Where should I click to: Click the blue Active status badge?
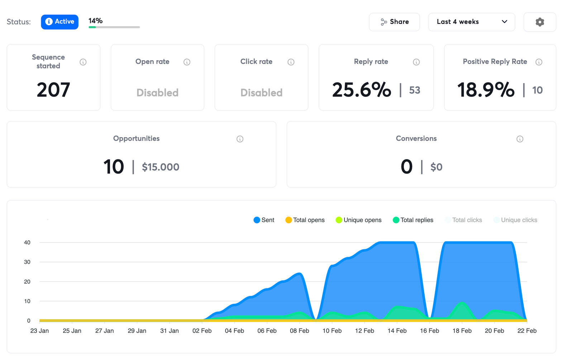59,22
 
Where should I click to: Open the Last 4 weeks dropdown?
471,22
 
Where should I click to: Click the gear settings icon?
539,22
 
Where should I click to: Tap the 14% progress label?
95,21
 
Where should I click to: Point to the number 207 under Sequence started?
53,90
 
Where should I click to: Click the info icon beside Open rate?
187,62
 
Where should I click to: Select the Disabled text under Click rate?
261,93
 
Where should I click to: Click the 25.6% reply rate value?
361,90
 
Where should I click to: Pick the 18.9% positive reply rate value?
486,90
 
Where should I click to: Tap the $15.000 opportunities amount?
161,167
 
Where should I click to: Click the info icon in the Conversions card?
520,139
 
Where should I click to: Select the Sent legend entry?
264,220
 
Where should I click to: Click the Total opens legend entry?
305,220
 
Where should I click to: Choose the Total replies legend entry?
413,220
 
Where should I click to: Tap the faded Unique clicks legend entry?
515,220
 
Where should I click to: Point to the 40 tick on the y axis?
27,243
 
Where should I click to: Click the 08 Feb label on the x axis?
299,331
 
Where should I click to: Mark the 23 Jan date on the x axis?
39,331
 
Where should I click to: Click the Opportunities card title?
136,139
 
